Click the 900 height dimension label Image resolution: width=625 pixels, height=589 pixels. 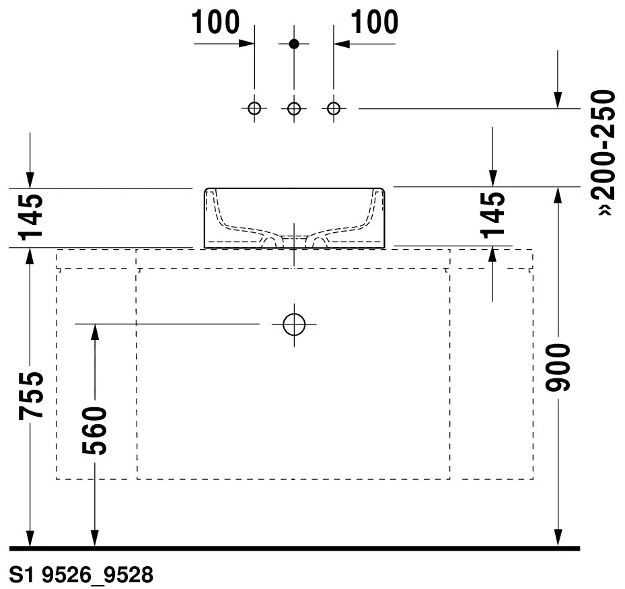pyautogui.click(x=558, y=368)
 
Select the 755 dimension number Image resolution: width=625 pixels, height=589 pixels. pyautogui.click(x=31, y=396)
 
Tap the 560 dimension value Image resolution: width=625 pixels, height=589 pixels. pyautogui.click(x=94, y=431)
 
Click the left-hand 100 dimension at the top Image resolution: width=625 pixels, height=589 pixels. pyautogui.click(x=216, y=22)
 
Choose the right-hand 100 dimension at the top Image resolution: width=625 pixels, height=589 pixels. pyautogui.click(x=374, y=22)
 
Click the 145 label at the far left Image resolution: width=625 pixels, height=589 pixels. pyautogui.click(x=31, y=217)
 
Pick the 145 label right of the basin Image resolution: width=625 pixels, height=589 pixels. pyautogui.click(x=492, y=215)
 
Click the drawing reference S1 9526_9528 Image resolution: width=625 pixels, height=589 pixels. pyautogui.click(x=81, y=575)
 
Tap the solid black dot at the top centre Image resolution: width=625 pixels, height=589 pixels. pyautogui.click(x=294, y=44)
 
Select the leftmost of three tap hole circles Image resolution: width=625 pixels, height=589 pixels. pyautogui.click(x=254, y=108)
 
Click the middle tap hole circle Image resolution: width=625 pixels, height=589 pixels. pyautogui.click(x=294, y=108)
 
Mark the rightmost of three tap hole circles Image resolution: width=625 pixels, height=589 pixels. pyautogui.click(x=333, y=108)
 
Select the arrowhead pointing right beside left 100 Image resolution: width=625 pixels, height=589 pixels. pyautogui.click(x=246, y=44)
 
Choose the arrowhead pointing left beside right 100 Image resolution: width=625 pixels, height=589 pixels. pyautogui.click(x=342, y=44)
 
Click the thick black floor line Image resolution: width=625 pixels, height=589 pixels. pyautogui.click(x=295, y=549)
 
